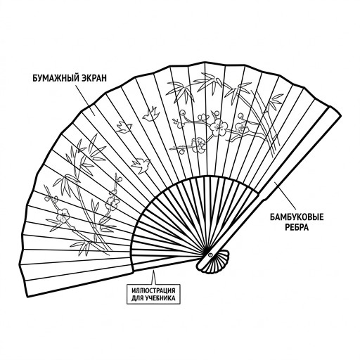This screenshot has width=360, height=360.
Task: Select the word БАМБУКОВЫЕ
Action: click(297, 217)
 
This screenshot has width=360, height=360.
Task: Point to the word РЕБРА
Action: click(297, 227)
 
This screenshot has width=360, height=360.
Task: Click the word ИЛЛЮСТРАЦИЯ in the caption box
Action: click(153, 291)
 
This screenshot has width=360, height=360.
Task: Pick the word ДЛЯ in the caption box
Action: click(136, 298)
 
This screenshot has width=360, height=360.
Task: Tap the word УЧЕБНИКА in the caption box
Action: click(160, 298)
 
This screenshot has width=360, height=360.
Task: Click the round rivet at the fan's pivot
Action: click(210, 255)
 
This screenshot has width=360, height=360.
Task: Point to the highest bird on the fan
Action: click(151, 114)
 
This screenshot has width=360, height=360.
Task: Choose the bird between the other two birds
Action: click(124, 127)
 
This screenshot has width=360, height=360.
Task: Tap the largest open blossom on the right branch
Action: click(218, 127)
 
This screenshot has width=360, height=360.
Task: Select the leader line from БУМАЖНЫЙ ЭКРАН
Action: click(86, 99)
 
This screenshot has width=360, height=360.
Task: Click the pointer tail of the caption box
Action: click(154, 278)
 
